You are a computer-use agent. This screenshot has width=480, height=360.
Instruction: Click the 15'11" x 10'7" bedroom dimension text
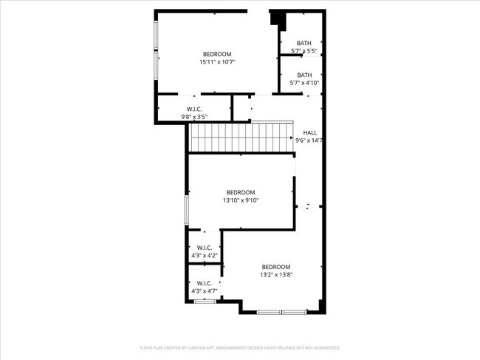217,62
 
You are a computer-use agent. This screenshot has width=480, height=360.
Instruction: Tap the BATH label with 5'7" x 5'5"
304,43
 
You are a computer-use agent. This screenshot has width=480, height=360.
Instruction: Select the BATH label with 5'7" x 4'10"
304,75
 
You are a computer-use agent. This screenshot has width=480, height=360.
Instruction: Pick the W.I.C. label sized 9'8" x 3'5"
195,109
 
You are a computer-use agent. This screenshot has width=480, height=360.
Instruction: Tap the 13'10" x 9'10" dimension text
241,200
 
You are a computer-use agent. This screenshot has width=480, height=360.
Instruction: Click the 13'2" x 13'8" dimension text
276,275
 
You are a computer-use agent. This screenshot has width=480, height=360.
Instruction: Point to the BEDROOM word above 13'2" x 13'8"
276,267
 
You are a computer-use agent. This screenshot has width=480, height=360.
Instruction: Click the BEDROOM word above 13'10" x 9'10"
241,192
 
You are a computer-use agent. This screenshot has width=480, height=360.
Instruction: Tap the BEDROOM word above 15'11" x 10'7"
217,54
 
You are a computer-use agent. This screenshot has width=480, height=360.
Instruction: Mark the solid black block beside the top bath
279,20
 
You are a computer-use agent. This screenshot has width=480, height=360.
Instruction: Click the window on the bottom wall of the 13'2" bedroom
281,312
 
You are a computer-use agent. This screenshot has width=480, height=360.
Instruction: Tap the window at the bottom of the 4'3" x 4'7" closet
200,301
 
